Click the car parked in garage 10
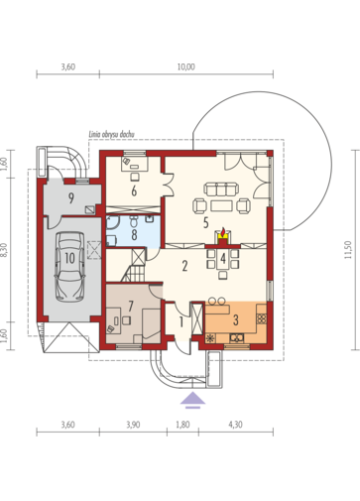[x=69, y=267]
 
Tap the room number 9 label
[x=71, y=198]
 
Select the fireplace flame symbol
[x=224, y=231]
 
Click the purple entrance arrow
[x=192, y=401]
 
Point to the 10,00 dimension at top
[x=186, y=66]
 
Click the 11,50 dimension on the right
[x=348, y=250]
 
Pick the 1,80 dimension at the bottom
[x=182, y=425]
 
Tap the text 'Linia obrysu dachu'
[x=111, y=134]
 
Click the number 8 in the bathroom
[x=134, y=234]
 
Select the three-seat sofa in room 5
[x=221, y=189]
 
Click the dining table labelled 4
[x=223, y=259]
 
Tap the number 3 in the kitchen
[x=236, y=319]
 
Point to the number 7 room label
[x=131, y=306]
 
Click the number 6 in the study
[x=134, y=190]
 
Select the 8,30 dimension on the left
[x=5, y=250]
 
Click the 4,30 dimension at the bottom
[x=236, y=425]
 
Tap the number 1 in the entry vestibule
[x=181, y=321]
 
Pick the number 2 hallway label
[x=184, y=266]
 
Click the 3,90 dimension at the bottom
[x=133, y=425]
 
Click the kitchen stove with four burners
[x=262, y=318]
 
